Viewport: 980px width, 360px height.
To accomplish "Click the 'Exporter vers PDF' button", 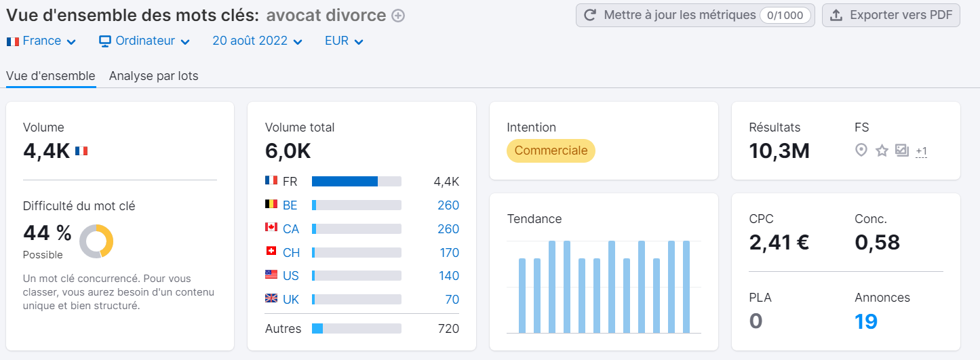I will click(890, 15).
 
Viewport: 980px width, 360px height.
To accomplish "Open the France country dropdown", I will click(41, 41).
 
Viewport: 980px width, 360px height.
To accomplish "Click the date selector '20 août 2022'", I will click(257, 41).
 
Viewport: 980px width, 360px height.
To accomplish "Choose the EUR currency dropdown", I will click(344, 41).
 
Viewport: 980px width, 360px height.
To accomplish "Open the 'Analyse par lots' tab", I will click(153, 76).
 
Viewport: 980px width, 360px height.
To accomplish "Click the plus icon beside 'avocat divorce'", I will click(398, 16).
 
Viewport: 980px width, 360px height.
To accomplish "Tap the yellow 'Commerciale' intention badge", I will click(551, 151).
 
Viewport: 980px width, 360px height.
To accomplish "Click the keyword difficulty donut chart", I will click(96, 241).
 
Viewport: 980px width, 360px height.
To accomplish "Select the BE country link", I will click(290, 205).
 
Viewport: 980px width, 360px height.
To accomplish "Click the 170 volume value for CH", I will click(449, 253).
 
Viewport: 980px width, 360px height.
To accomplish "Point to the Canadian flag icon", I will click(271, 228).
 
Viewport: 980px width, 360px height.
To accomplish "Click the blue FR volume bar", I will click(345, 182).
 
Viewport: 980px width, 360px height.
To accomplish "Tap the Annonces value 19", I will click(866, 321).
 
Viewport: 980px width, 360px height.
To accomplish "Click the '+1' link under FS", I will click(921, 151).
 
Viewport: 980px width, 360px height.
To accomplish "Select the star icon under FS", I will click(882, 151).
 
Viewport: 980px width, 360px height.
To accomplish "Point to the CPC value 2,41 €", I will click(779, 242).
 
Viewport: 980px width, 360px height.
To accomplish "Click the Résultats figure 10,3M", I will click(779, 151).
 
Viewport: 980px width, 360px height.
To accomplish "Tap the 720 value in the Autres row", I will click(448, 329).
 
